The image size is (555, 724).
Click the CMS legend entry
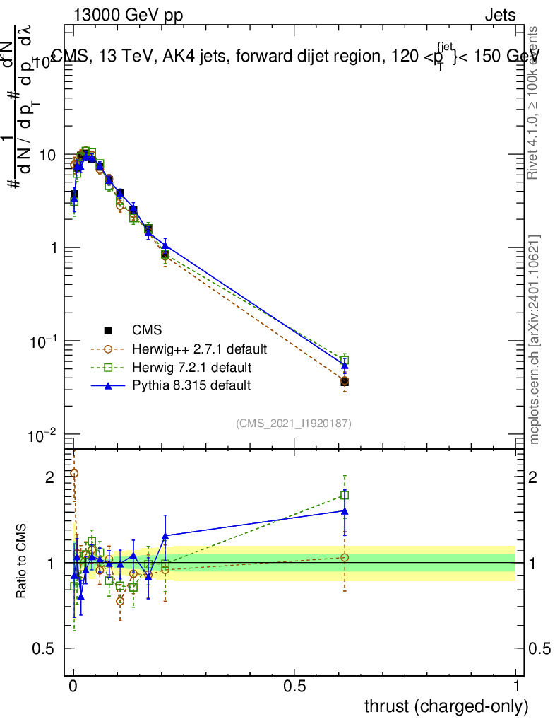[147, 330]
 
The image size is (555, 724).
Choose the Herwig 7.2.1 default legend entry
[192, 368]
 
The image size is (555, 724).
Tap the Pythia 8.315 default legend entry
[191, 385]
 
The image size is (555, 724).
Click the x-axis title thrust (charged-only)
[446, 706]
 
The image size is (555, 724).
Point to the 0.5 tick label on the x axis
[294, 686]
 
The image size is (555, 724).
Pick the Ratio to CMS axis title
[22, 561]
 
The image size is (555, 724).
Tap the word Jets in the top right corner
[500, 16]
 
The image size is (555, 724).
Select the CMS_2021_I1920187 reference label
[294, 423]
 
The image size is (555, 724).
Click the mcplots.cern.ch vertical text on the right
[535, 339]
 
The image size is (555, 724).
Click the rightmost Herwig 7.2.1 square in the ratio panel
[345, 496]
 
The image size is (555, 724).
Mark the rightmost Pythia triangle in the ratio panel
[345, 510]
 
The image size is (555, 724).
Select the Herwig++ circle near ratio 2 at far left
[74, 474]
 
